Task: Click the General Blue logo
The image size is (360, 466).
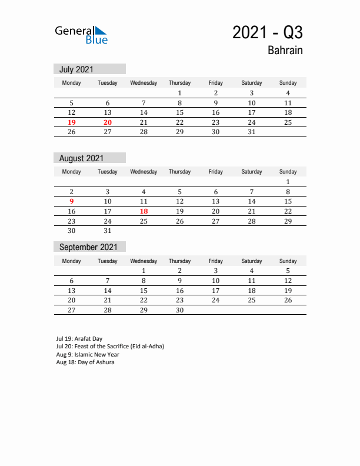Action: click(x=81, y=35)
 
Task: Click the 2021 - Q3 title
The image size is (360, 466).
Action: click(x=267, y=32)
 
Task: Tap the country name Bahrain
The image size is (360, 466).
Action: click(x=285, y=51)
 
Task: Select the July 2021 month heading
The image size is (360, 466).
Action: click(x=76, y=69)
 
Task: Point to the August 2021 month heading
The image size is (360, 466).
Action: click(x=81, y=158)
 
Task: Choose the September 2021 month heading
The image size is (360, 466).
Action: click(x=88, y=247)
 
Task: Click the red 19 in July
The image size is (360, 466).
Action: click(x=72, y=122)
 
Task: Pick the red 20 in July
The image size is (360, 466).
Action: click(x=108, y=122)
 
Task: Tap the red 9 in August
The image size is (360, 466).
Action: click(x=72, y=201)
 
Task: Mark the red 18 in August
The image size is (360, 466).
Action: click(x=144, y=211)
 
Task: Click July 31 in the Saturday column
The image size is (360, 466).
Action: click(x=252, y=132)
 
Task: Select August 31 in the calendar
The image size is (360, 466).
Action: click(x=108, y=231)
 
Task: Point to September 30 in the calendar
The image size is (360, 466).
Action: click(x=179, y=310)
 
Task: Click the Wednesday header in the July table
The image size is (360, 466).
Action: click(x=144, y=83)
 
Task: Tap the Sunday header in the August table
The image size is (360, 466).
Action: click(x=288, y=172)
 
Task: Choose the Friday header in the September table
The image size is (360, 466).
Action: click(x=215, y=261)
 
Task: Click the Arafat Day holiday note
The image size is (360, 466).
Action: click(x=79, y=339)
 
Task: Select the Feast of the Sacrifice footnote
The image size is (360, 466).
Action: click(x=110, y=347)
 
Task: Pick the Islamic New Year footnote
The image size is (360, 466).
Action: click(x=88, y=355)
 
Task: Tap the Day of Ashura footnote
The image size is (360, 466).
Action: click(x=85, y=362)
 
